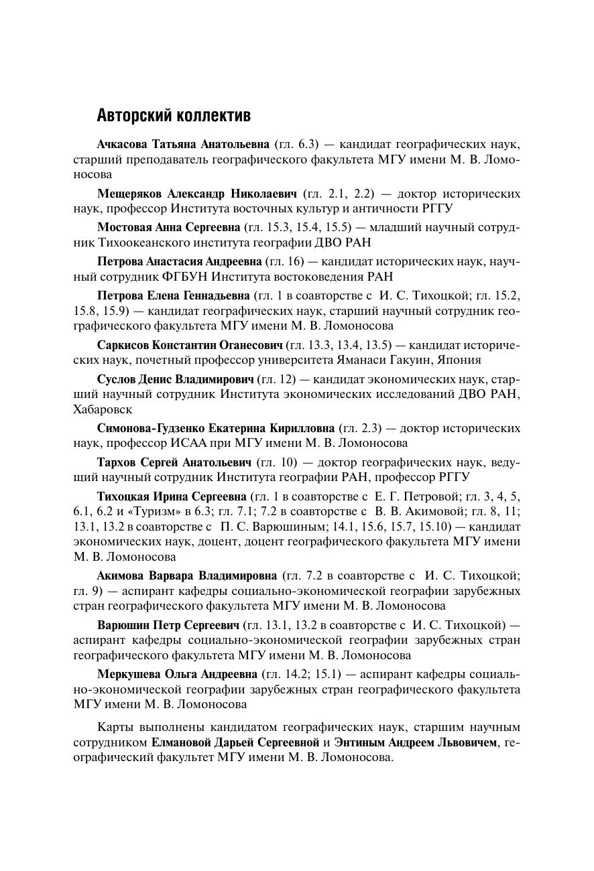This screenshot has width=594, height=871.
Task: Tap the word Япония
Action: [460, 360]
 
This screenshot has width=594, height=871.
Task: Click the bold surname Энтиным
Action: [357, 742]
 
